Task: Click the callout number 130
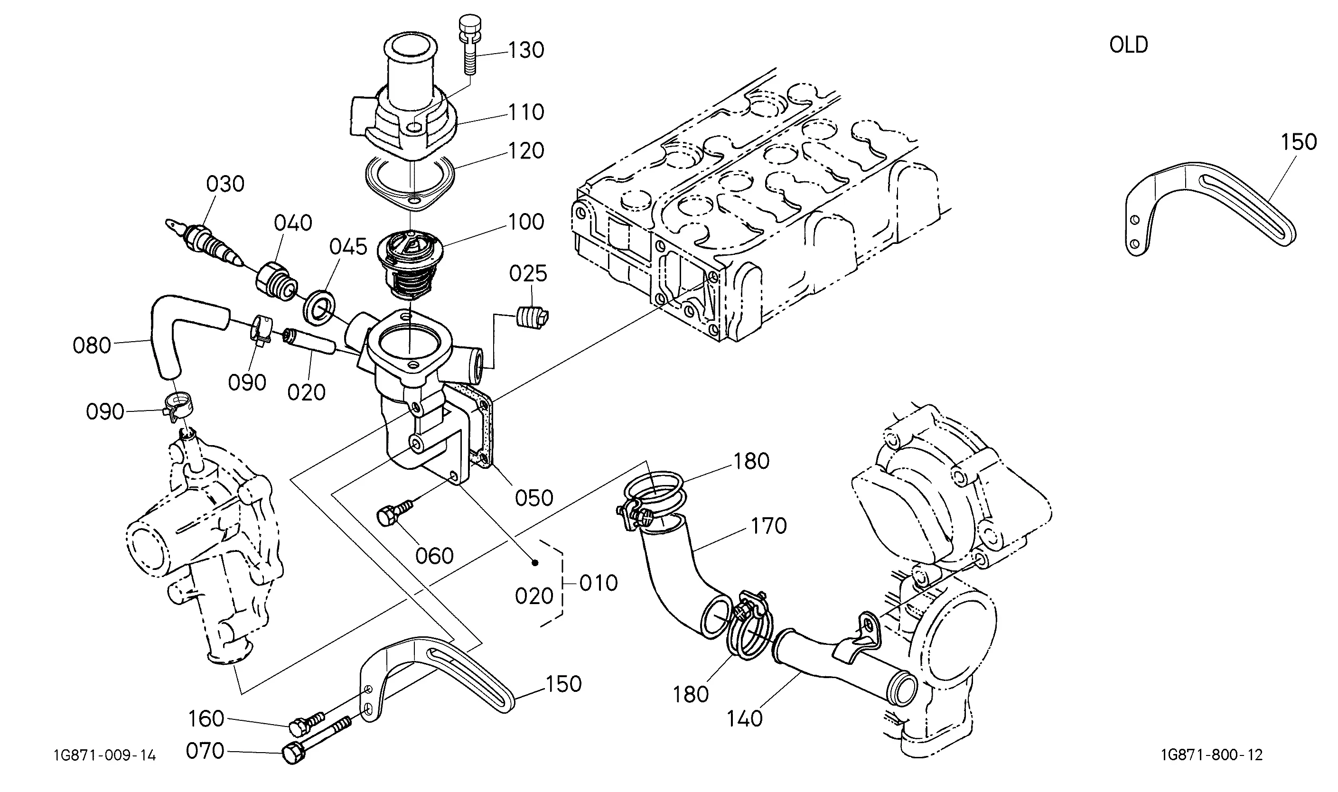tap(526, 50)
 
